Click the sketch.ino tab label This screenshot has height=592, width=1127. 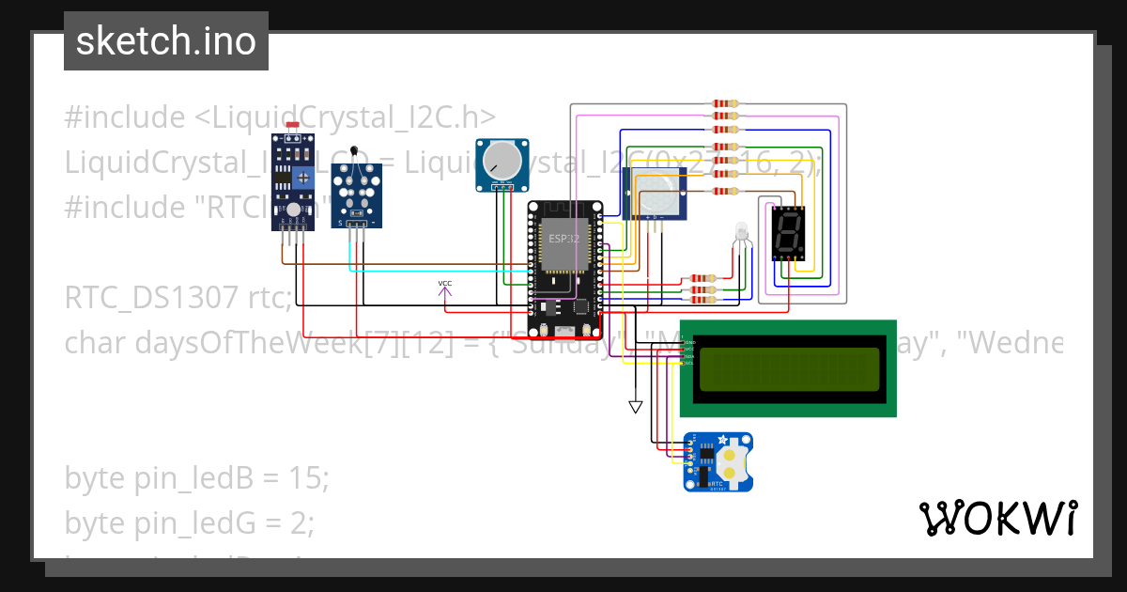coord(165,41)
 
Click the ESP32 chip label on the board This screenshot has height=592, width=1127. coord(564,240)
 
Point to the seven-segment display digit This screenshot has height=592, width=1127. coord(787,233)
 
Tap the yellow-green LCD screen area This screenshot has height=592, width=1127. coord(788,368)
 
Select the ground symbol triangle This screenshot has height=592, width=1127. coord(636,407)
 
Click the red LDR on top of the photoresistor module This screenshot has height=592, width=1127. coord(292,125)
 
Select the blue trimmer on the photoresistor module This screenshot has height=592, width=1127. coord(303,176)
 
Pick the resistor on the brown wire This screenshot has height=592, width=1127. coord(723,192)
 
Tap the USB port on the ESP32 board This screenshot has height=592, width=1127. coord(564,331)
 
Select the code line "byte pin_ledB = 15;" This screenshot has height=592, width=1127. coord(197,478)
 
